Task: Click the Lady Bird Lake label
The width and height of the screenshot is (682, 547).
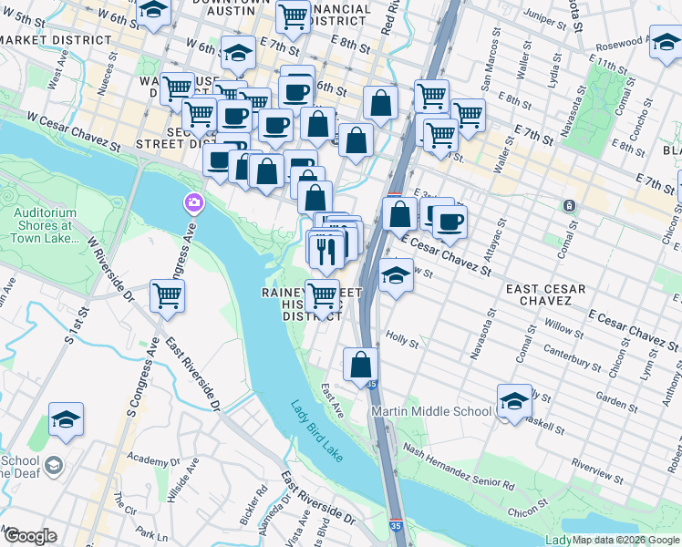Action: (x=317, y=431)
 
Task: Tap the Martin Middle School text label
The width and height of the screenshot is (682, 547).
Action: (x=432, y=412)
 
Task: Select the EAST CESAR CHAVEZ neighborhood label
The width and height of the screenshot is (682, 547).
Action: (x=546, y=294)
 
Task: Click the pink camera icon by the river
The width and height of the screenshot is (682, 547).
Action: (x=192, y=201)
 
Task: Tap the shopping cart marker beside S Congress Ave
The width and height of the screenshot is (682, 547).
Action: (x=168, y=295)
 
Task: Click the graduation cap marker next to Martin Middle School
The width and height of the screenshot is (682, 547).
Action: (x=514, y=399)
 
